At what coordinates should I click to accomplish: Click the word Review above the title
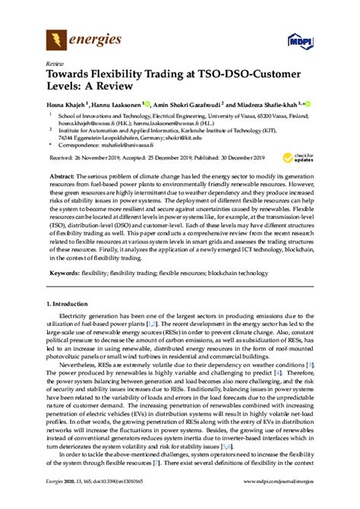[55, 65]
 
